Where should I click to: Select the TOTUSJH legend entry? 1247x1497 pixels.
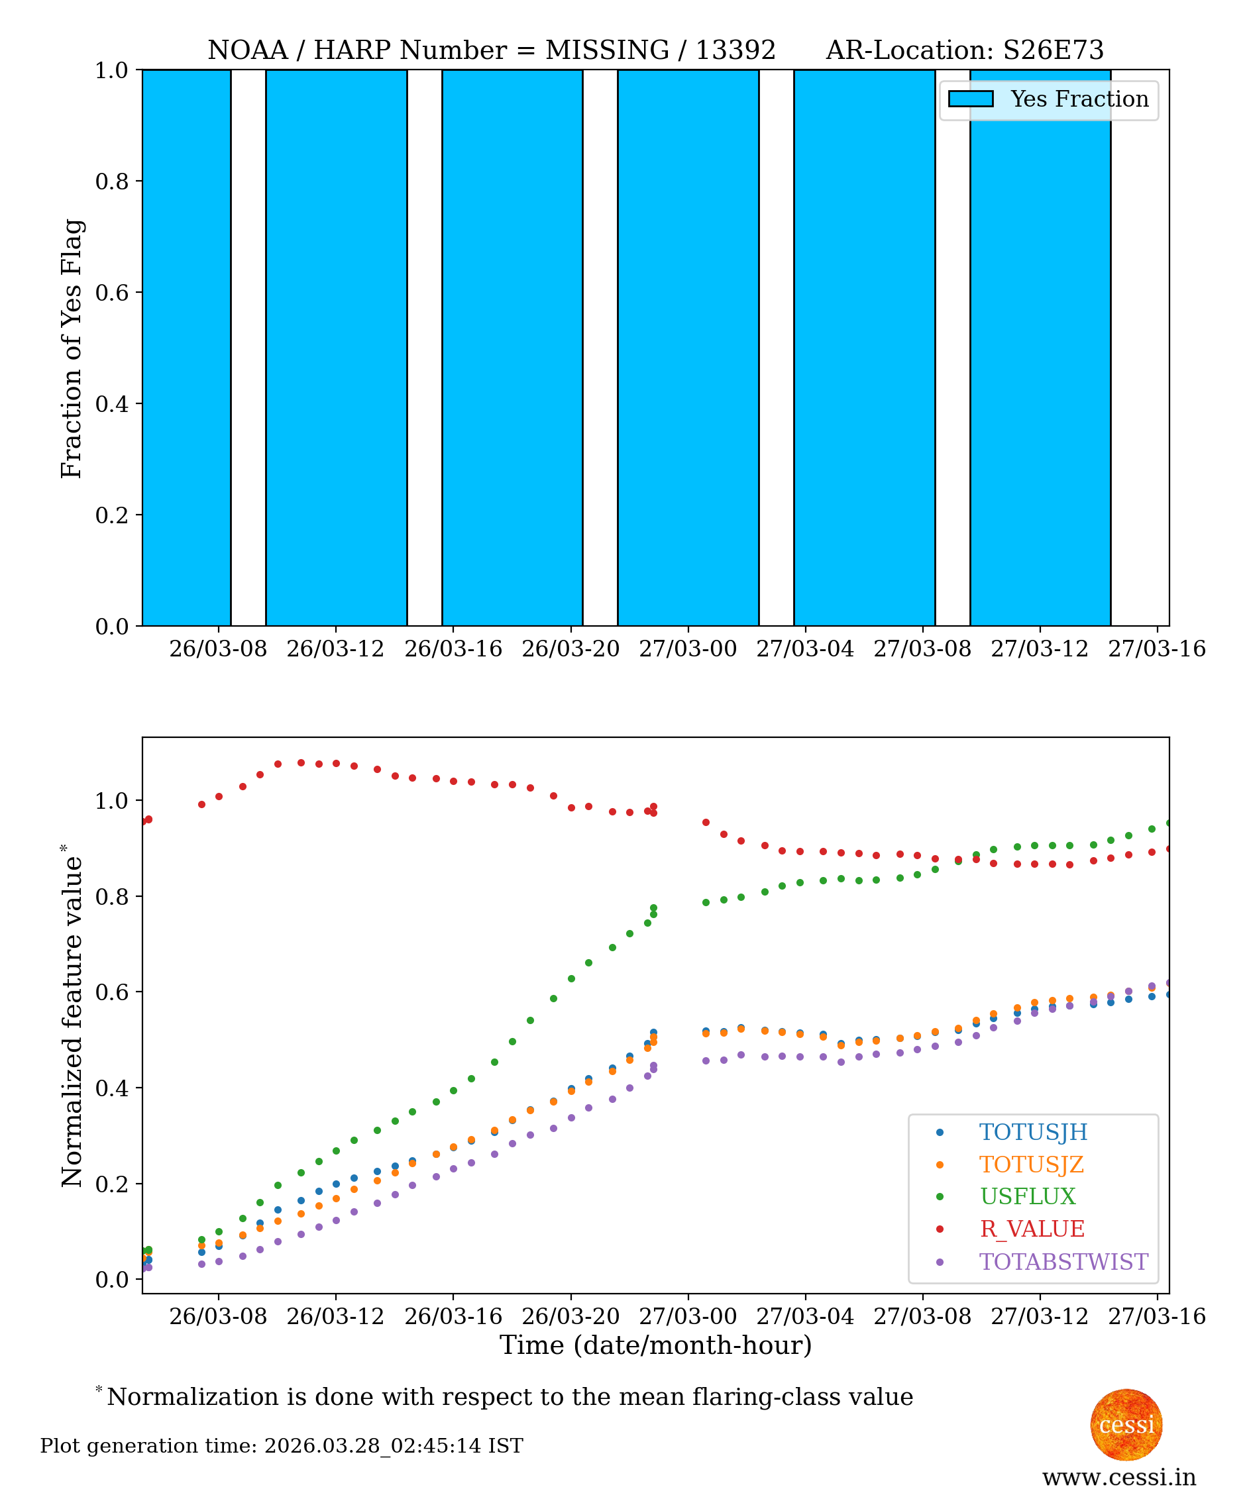[x=1032, y=1132]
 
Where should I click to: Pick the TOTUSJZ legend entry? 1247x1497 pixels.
[x=1031, y=1164]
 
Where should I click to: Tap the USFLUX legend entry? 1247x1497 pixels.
[x=1027, y=1196]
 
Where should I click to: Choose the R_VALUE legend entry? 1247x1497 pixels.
[x=1032, y=1229]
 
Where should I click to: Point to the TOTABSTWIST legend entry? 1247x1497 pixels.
[x=1063, y=1262]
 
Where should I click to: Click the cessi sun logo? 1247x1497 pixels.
[x=1126, y=1424]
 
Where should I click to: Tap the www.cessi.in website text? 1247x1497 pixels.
[x=1118, y=1476]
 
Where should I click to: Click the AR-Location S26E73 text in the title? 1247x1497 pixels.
[x=964, y=50]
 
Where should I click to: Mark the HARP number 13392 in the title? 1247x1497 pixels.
[x=735, y=50]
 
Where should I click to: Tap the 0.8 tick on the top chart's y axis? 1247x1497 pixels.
[x=112, y=181]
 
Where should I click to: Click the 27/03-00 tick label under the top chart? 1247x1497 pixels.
[x=687, y=648]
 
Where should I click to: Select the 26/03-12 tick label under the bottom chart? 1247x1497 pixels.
[x=335, y=1316]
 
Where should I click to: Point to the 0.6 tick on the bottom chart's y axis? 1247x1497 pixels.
[x=112, y=992]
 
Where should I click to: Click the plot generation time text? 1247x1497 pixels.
[x=282, y=1446]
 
